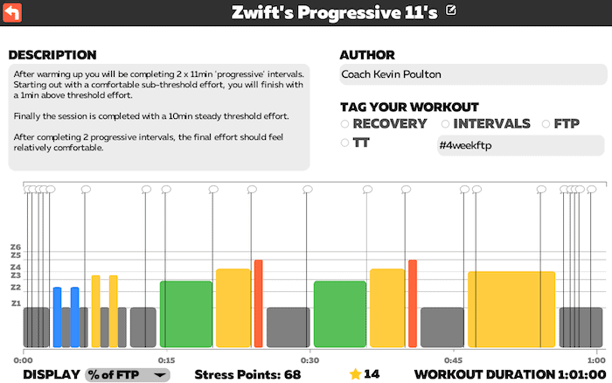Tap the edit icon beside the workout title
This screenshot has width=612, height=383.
coord(451,11)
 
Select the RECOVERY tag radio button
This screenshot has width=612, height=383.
coord(345,124)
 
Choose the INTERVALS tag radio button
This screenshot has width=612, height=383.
coord(446,124)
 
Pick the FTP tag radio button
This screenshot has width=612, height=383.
coord(547,124)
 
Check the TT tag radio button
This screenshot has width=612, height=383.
coord(345,143)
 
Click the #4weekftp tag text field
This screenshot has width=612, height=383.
coord(519,145)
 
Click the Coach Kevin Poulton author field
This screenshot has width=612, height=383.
coord(471,74)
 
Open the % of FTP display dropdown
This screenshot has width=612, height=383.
coord(127,374)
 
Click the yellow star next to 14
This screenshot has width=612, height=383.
coord(355,374)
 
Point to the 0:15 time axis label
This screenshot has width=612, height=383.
coord(166,359)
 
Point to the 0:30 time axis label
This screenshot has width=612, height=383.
coord(309,359)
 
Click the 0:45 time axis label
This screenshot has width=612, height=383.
coord(453,359)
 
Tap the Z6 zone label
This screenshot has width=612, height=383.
coord(15,247)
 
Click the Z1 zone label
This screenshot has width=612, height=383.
coord(15,303)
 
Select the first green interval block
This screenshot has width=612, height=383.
coord(185,313)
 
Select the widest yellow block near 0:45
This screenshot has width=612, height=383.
coord(511,308)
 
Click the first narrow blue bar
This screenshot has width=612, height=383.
coord(57,316)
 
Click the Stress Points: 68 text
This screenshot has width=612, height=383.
coord(247,374)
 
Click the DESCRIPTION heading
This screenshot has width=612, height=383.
coord(52,55)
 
